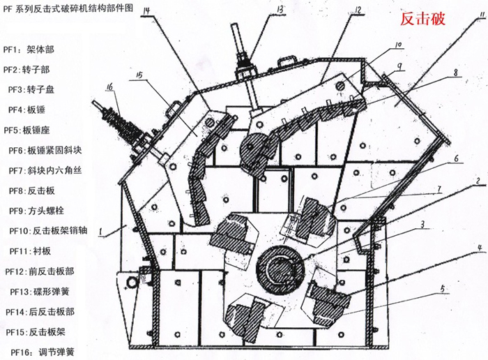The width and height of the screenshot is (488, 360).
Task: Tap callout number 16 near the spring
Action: pos(110,87)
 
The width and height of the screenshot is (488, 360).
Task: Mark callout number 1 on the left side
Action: pos(102,230)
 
